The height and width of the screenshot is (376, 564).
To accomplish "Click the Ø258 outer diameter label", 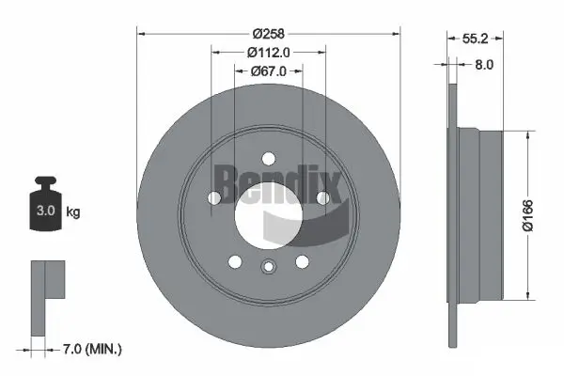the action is click(268, 34).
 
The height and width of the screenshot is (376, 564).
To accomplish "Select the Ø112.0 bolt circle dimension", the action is click(268, 53).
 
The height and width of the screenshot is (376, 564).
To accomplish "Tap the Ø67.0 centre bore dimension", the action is click(268, 71).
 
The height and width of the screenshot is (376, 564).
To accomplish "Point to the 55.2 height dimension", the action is click(475, 39).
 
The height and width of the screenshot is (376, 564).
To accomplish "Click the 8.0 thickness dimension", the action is click(484, 65).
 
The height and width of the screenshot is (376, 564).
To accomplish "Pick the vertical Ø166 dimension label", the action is click(528, 215).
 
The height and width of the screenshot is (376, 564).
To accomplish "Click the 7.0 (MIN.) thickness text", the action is click(92, 349).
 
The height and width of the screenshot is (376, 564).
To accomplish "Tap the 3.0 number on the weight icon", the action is click(46, 211).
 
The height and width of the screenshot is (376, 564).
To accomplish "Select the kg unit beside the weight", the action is click(73, 211).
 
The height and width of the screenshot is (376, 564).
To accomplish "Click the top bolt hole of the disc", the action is click(268, 159).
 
